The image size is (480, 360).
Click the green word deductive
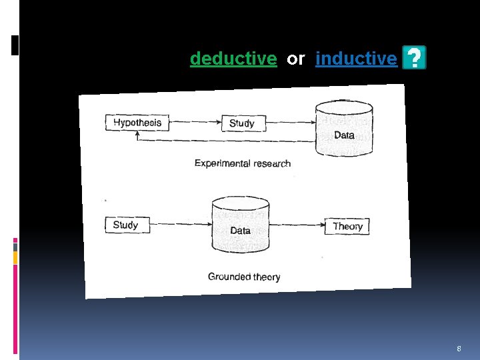[233, 59]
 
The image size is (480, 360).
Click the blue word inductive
[356, 59]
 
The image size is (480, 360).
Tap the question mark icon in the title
[414, 59]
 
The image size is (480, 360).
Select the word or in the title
[295, 59]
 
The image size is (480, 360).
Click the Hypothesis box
[137, 123]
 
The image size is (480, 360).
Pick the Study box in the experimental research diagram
[242, 123]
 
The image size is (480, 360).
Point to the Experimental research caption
[243, 163]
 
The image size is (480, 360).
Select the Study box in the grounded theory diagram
[126, 225]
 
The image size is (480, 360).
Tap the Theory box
[347, 226]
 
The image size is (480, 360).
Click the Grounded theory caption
[244, 277]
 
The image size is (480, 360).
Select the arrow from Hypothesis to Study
[195, 123]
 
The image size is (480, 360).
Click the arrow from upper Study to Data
[290, 123]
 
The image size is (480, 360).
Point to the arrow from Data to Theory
[297, 225]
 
